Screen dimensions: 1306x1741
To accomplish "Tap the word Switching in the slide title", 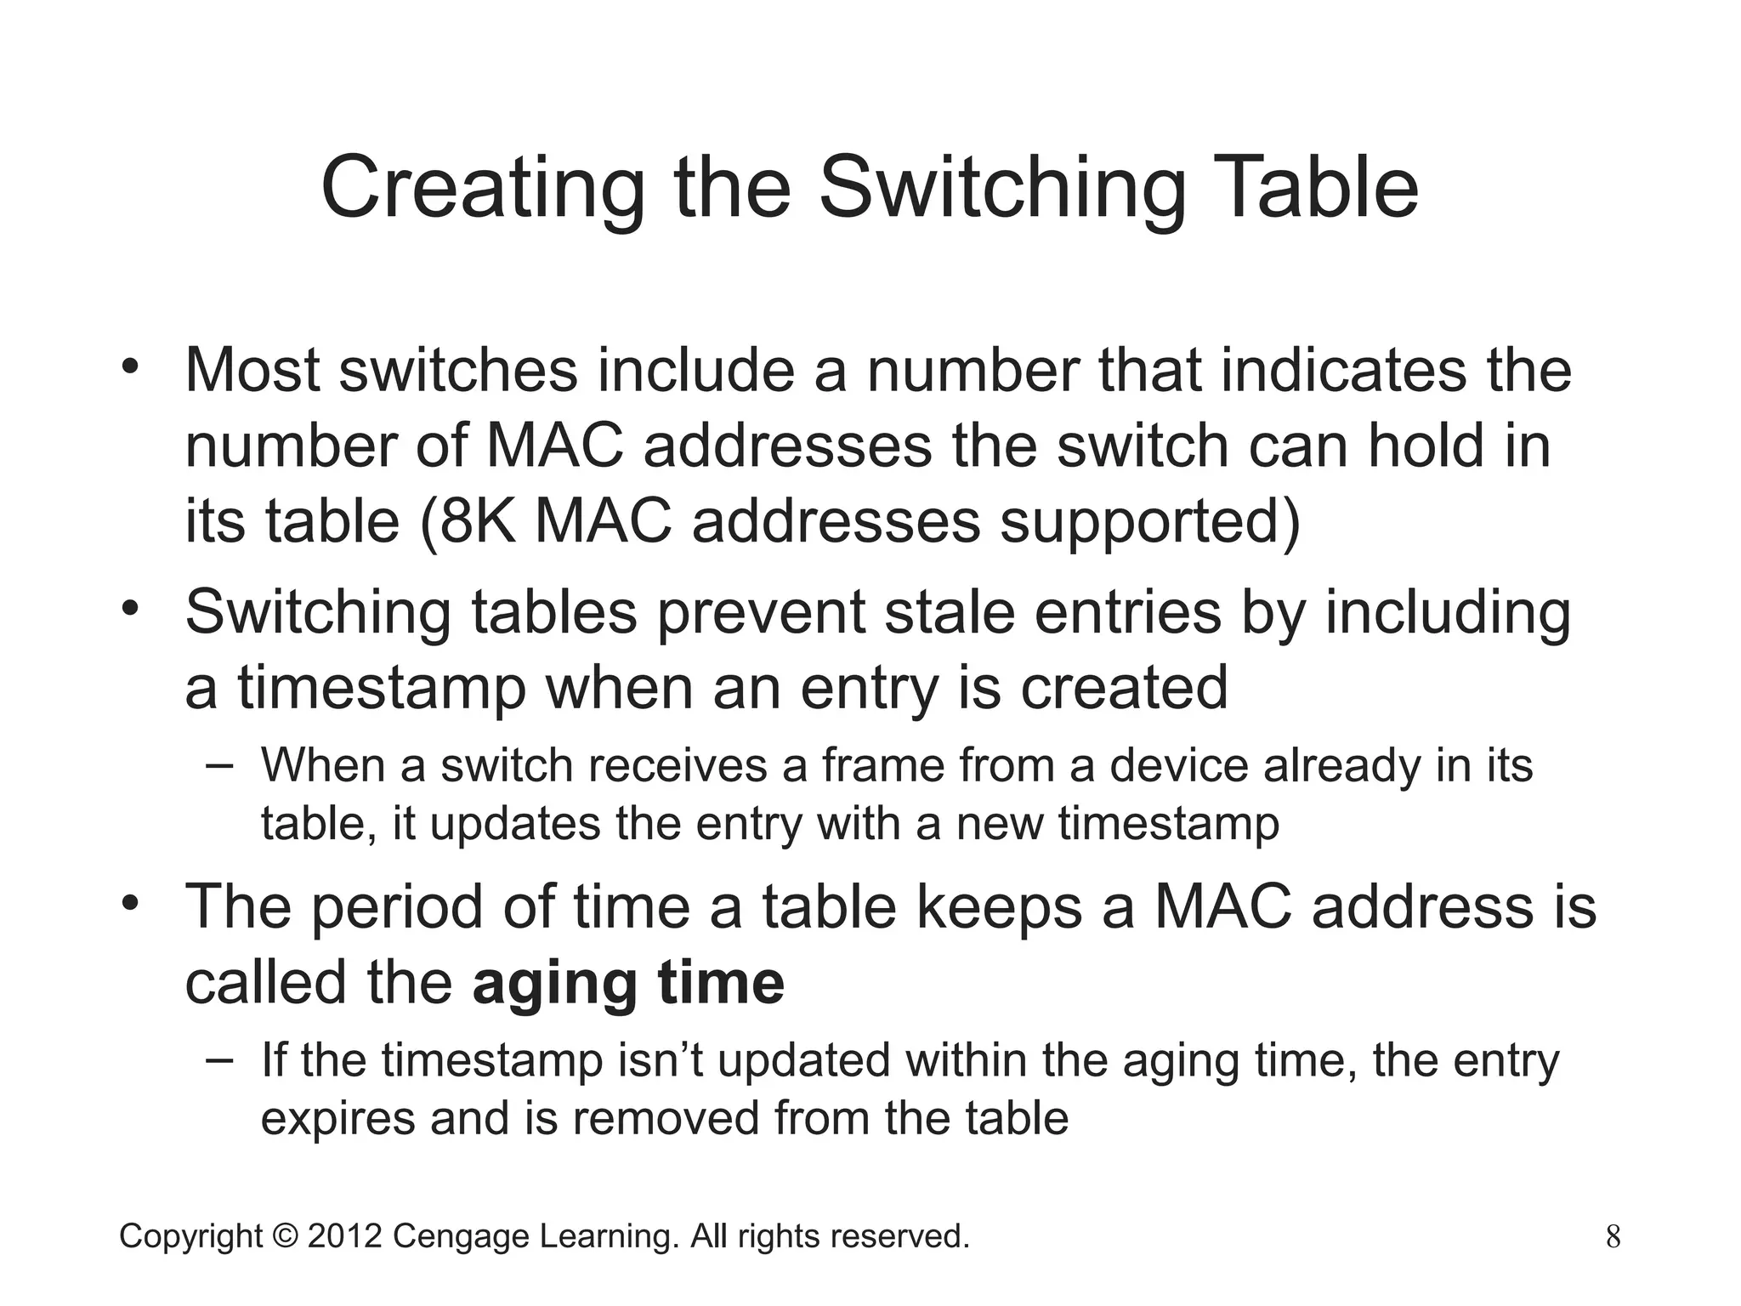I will [1002, 188].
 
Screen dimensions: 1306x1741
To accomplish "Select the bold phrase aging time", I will [628, 982].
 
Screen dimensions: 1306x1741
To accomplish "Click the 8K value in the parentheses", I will [477, 520].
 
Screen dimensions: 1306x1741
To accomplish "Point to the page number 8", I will [1613, 1237].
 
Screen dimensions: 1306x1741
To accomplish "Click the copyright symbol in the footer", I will [285, 1236].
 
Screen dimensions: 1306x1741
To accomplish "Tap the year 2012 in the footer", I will [344, 1236].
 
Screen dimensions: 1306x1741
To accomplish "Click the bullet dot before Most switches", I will [129, 366].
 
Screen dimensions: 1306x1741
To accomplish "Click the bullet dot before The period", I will [129, 903].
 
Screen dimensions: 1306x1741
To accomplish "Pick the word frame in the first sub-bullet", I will [882, 765].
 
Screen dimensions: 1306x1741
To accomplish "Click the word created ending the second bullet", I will [1124, 687].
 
